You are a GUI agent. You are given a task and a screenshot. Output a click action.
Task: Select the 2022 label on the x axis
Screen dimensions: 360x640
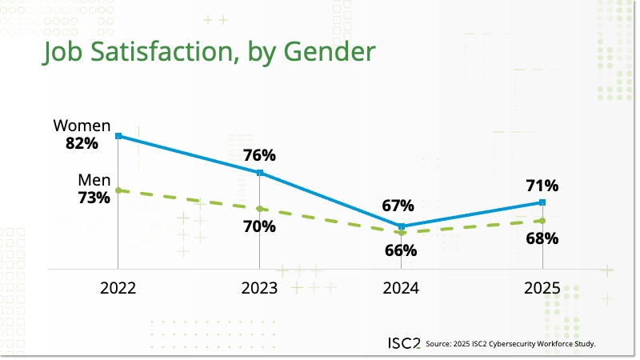[118, 289]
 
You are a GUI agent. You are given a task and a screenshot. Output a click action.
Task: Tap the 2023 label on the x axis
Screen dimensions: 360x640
[259, 289]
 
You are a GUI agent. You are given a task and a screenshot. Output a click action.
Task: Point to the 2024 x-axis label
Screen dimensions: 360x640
[402, 289]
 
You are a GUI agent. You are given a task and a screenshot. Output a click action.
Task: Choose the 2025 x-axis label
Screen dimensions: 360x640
[542, 289]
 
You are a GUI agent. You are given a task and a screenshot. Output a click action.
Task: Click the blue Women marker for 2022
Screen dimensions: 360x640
[118, 136]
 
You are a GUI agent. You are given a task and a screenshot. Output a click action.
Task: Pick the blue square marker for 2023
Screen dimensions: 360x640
[260, 173]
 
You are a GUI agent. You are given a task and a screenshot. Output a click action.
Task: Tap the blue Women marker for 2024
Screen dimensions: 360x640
[402, 226]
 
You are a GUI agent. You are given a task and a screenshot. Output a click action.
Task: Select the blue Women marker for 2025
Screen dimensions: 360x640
[542, 202]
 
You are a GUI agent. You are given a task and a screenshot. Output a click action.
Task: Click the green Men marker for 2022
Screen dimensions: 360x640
[118, 190]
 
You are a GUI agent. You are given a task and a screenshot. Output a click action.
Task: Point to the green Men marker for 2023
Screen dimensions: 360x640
[260, 209]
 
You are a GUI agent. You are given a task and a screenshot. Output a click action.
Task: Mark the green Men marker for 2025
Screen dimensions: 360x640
[542, 221]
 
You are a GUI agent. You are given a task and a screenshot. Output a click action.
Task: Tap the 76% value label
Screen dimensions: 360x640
[260, 154]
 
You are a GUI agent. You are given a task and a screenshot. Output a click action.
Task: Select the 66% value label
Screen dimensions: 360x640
[400, 250]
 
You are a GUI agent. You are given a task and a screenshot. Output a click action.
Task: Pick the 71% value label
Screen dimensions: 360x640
[542, 186]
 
